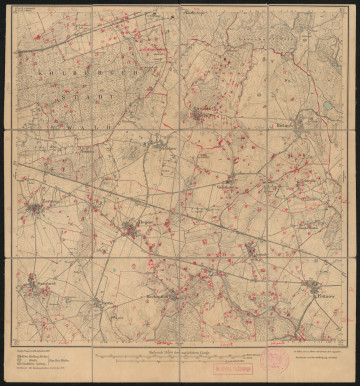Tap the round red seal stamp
pos(274,359)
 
